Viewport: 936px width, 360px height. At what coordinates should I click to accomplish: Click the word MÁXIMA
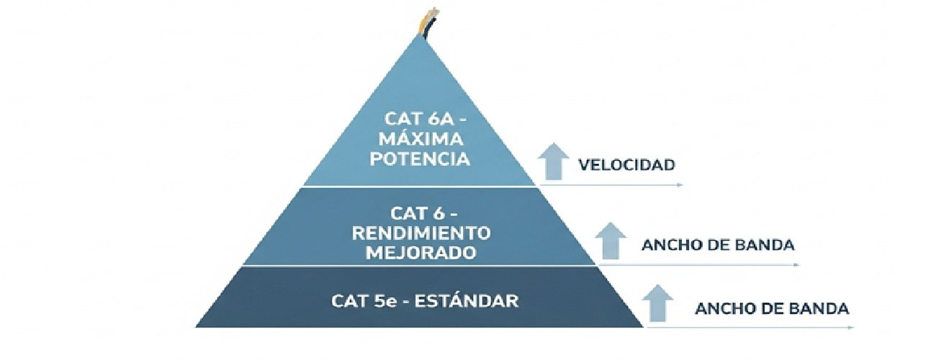pyautogui.click(x=421, y=139)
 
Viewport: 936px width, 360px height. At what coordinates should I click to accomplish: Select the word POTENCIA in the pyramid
pyautogui.click(x=420, y=159)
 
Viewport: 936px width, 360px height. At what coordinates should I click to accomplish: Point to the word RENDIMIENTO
pyautogui.click(x=421, y=233)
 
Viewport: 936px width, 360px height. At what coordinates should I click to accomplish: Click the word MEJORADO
pyautogui.click(x=421, y=253)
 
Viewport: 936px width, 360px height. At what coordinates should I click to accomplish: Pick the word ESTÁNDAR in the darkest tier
pyautogui.click(x=467, y=301)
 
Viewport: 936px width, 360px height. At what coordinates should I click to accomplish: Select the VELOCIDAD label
pyautogui.click(x=626, y=165)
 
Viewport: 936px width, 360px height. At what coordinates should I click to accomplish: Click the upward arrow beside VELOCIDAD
pyautogui.click(x=553, y=161)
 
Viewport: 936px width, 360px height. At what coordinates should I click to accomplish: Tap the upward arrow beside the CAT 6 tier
pyautogui.click(x=611, y=240)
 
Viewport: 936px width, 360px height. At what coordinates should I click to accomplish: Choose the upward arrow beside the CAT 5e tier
pyautogui.click(x=657, y=303)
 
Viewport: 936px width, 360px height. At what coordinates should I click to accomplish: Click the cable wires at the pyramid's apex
pyautogui.click(x=428, y=23)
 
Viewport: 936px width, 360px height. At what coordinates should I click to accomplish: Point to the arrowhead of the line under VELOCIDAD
pyautogui.click(x=680, y=184)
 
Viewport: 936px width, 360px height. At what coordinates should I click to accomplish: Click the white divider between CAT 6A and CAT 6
pyautogui.click(x=419, y=186)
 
